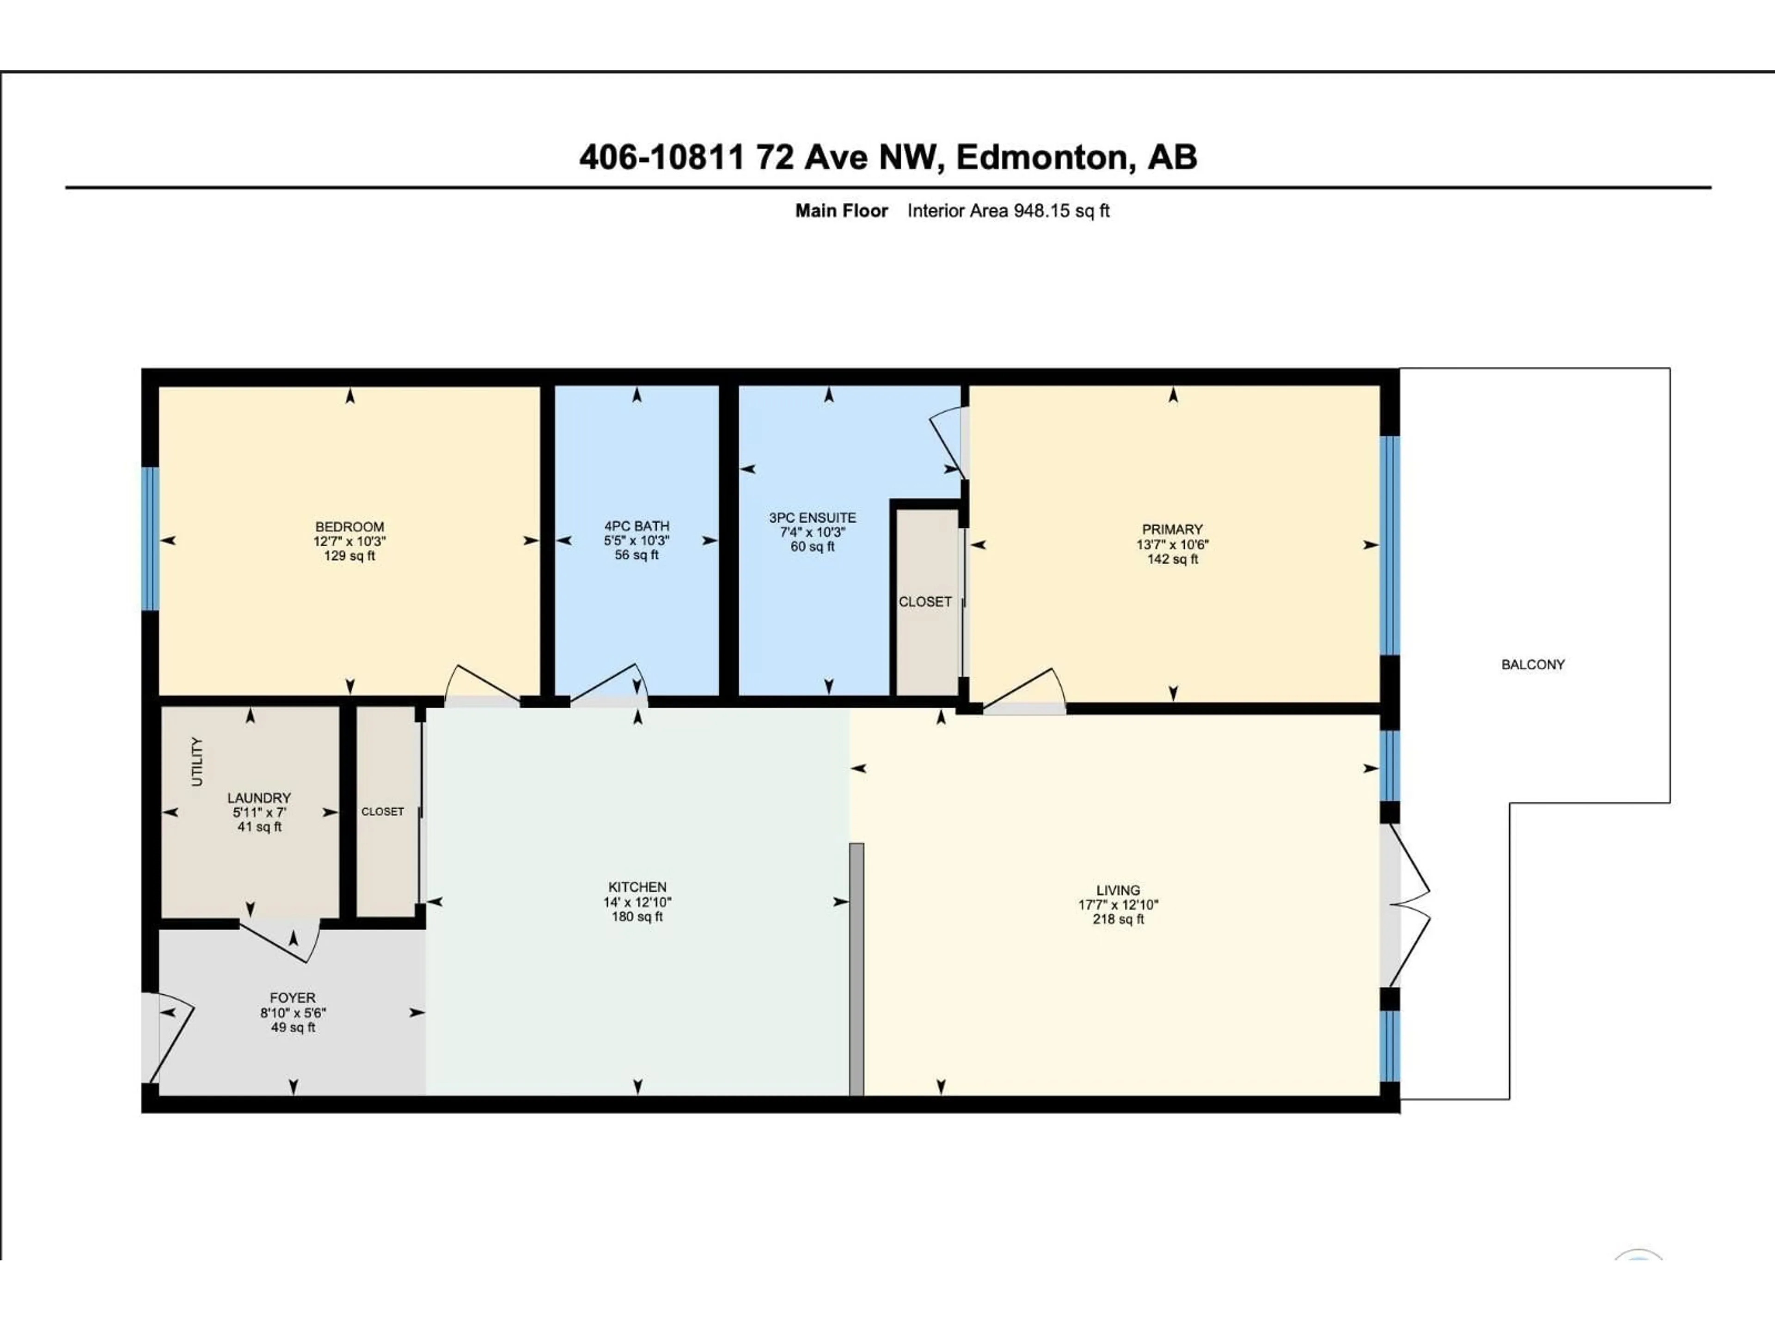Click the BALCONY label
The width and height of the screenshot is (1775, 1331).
click(1533, 664)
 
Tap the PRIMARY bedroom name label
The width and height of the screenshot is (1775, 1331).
click(1172, 530)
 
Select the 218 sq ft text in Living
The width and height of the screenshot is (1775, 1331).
click(1118, 919)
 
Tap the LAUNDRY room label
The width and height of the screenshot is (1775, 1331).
click(258, 798)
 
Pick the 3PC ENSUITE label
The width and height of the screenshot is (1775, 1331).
click(812, 518)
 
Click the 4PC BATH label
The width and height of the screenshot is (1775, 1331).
click(637, 526)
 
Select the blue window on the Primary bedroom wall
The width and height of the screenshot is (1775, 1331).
click(1390, 545)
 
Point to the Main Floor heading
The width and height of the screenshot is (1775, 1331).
click(841, 211)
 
